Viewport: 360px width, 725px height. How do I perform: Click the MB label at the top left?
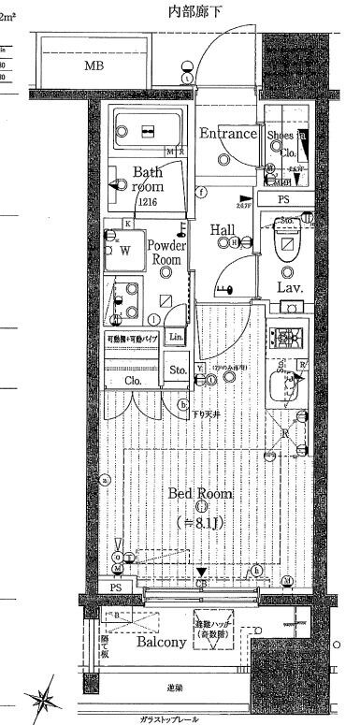(x=94, y=66)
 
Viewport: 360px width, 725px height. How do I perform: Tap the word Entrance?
(x=226, y=134)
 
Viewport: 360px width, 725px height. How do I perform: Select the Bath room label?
(x=147, y=179)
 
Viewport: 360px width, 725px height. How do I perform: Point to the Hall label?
(x=223, y=229)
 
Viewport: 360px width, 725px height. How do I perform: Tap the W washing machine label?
(x=124, y=252)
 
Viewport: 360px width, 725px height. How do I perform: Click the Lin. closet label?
(x=176, y=337)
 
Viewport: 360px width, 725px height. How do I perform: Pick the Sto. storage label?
(x=178, y=370)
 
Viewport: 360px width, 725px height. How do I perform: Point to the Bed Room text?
(x=200, y=493)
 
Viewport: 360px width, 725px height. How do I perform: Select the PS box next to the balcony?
(x=116, y=587)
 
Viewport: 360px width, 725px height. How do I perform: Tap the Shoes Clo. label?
(x=283, y=140)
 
